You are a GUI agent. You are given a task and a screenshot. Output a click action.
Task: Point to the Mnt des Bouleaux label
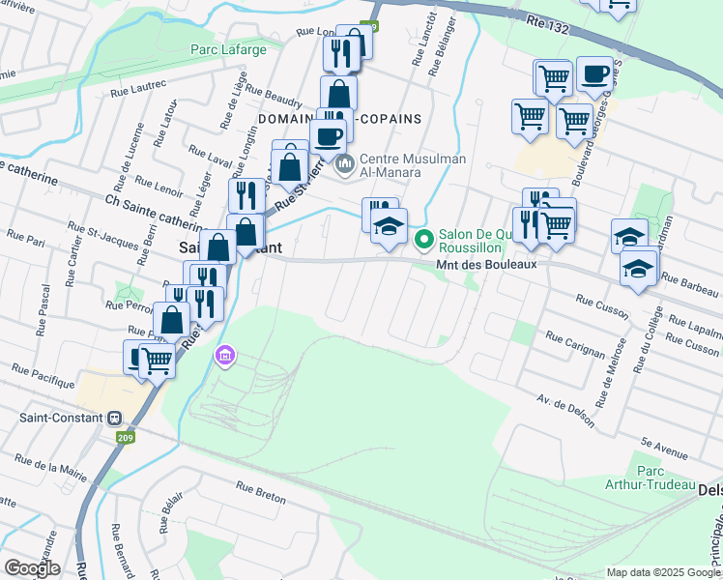pyautogui.click(x=486, y=263)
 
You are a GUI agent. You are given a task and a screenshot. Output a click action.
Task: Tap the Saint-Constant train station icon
pyautogui.click(x=114, y=419)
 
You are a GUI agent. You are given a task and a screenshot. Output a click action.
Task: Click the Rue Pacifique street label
pyautogui.click(x=43, y=377)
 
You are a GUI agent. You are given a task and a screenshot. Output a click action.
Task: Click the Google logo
pyautogui.click(x=32, y=567)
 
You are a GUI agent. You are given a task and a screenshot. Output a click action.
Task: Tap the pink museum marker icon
pyautogui.click(x=226, y=356)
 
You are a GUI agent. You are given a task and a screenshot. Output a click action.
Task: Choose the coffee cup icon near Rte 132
pyautogui.click(x=595, y=73)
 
